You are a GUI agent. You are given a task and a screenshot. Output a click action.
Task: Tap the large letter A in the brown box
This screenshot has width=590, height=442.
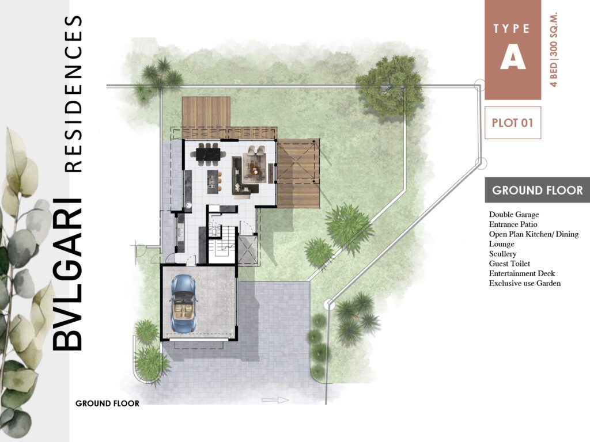[513, 57]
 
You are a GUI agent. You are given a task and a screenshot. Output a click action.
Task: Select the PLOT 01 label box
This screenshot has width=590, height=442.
[513, 123]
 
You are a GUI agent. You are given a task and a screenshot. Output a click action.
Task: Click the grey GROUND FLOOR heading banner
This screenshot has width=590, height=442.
[538, 190]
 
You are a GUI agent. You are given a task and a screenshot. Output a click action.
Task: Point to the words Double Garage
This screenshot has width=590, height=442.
[513, 215]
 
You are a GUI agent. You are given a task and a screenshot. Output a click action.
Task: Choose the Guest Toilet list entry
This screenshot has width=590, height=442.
[510, 264]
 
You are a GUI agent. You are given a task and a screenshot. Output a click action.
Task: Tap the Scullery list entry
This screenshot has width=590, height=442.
[502, 254]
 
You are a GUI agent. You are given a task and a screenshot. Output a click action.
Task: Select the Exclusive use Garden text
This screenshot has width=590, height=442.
[524, 283]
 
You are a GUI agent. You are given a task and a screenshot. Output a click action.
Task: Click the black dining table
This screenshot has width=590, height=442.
[209, 154]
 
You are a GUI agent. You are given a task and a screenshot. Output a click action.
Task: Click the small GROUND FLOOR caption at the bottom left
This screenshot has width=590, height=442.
[107, 403]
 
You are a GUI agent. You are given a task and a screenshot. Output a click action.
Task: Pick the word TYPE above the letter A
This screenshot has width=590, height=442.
[513, 28]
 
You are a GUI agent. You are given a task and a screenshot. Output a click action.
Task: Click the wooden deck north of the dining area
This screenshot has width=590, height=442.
[206, 113]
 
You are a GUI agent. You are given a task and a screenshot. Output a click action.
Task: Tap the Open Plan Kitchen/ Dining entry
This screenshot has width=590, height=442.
[534, 234]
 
